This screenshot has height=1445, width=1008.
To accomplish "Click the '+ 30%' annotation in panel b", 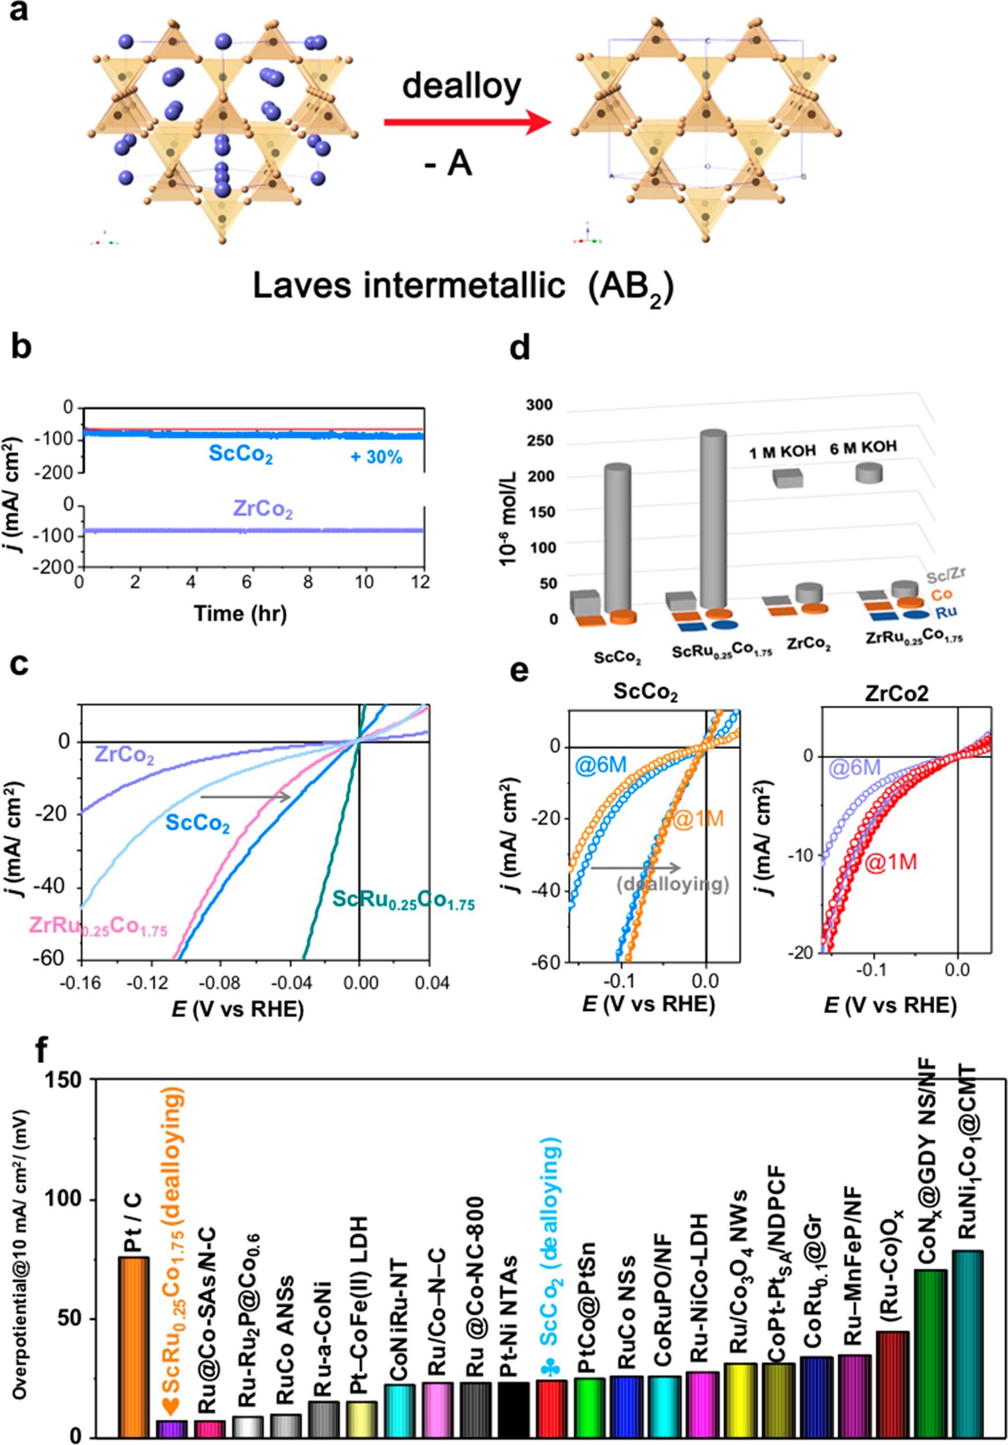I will [x=376, y=457].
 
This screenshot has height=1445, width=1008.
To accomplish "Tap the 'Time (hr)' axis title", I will [x=240, y=613].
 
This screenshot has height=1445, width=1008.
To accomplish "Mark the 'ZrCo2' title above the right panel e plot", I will [x=896, y=693].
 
